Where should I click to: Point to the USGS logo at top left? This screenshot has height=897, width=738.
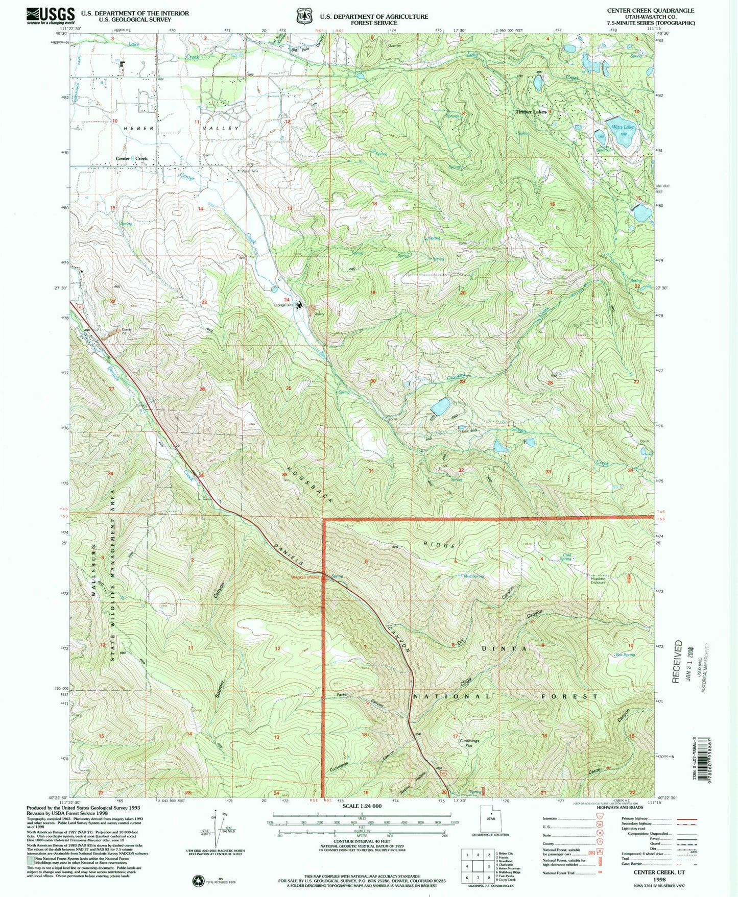click(51, 16)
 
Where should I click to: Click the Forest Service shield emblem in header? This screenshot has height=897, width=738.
click(305, 16)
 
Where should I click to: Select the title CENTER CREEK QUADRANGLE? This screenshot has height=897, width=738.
click(650, 10)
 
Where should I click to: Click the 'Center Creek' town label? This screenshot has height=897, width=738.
click(131, 159)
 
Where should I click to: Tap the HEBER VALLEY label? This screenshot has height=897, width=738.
click(186, 129)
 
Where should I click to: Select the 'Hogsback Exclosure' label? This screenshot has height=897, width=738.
click(598, 580)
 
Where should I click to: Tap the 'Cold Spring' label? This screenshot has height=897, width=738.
click(566, 557)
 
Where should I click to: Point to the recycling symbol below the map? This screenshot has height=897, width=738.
click(198, 881)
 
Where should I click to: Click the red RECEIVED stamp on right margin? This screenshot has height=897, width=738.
click(677, 662)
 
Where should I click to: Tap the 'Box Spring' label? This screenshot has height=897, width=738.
click(626, 654)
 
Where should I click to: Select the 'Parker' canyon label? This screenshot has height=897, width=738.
click(342, 695)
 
